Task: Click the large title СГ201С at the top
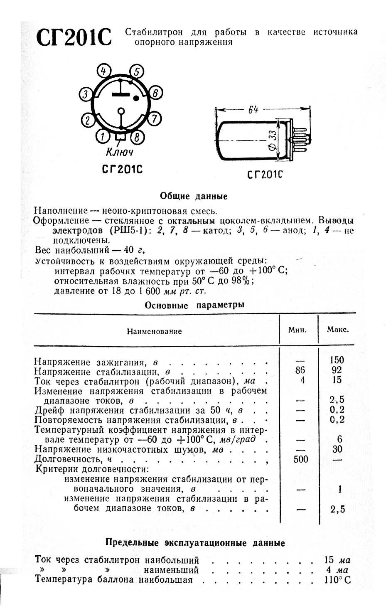[74, 38]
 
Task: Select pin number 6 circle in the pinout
[155, 94]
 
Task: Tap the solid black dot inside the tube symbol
[136, 99]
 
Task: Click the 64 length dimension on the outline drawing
[253, 110]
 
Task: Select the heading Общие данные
[194, 196]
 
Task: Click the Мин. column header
[297, 330]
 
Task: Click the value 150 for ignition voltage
[337, 360]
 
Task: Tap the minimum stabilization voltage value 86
[300, 370]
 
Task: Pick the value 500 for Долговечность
[300, 459]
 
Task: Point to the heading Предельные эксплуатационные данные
[195, 543]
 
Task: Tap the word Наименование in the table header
[154, 331]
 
